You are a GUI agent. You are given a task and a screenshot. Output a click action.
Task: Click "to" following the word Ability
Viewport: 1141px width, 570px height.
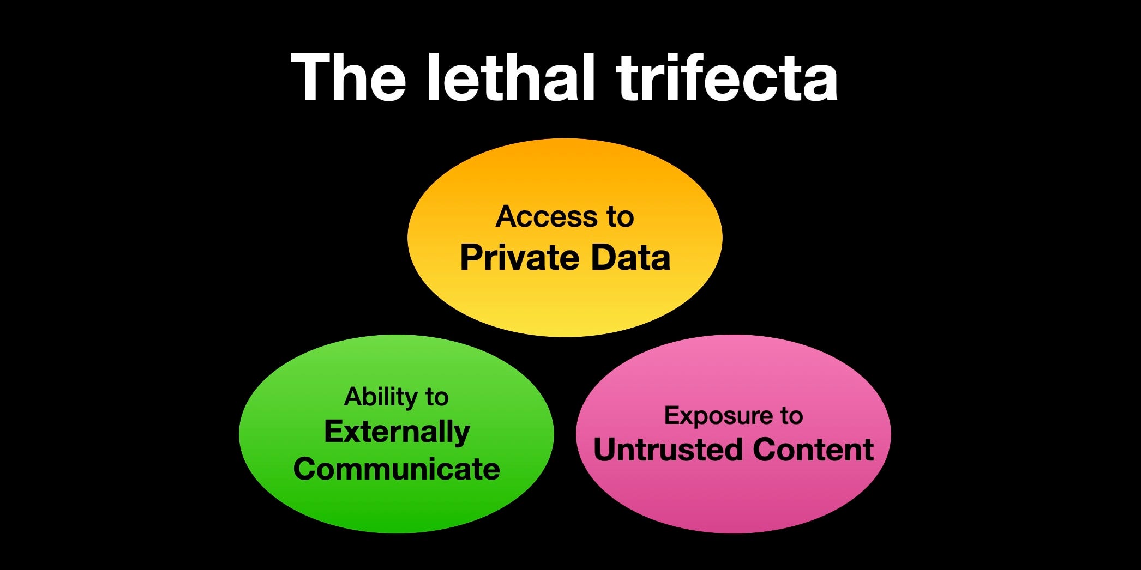(436, 397)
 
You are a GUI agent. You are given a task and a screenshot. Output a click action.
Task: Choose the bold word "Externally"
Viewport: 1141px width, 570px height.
(397, 432)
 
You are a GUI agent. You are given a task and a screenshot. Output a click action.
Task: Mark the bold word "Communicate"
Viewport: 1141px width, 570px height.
(397, 469)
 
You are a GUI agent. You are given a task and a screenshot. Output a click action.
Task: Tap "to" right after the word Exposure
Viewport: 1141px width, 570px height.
(791, 416)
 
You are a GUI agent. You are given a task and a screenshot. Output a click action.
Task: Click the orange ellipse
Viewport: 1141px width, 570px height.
(565, 305)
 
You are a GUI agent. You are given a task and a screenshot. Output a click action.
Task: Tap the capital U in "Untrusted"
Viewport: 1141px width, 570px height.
(605, 450)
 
